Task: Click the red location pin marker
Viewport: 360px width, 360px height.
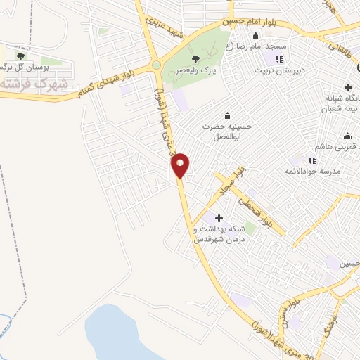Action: (181, 165)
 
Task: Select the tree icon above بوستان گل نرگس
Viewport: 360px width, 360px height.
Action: (20, 55)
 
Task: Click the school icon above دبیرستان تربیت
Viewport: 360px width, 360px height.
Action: (279, 58)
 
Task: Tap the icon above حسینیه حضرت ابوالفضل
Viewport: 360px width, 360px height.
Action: (226, 116)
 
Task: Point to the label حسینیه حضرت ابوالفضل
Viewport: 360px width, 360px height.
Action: (226, 131)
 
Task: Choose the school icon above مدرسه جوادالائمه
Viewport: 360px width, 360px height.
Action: (312, 160)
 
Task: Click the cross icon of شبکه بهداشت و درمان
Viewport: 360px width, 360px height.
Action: (219, 218)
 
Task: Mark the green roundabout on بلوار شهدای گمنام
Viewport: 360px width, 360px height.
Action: (156, 68)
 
